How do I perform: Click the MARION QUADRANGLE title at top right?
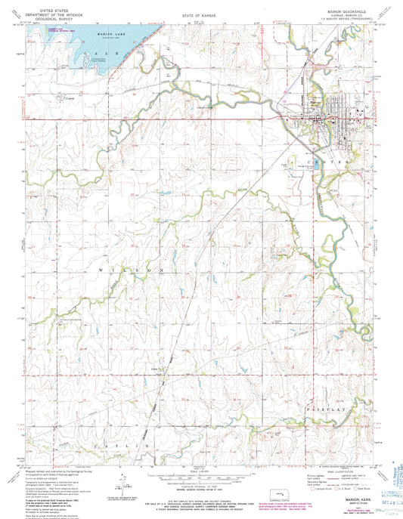[x=343, y=11]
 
